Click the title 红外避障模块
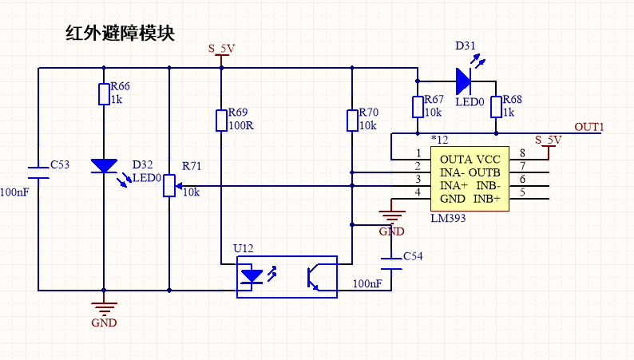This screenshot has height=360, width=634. click(119, 34)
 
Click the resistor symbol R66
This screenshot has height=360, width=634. click(103, 95)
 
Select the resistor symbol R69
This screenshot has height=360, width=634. click(221, 121)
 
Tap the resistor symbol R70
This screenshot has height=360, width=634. click(352, 121)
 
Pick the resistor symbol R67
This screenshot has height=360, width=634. click(417, 107)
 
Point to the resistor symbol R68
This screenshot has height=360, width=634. click(496, 107)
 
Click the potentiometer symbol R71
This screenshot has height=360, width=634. click(169, 185)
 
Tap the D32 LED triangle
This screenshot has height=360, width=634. click(103, 166)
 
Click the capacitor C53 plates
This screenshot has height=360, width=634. click(38, 172)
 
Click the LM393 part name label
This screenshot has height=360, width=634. click(450, 218)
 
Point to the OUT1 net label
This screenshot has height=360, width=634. click(590, 127)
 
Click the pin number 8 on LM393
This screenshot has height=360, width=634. click(522, 153)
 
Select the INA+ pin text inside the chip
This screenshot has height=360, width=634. click(454, 185)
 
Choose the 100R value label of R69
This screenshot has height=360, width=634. click(240, 126)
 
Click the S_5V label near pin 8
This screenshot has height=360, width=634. click(549, 140)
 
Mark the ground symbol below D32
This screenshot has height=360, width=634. click(103, 307)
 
